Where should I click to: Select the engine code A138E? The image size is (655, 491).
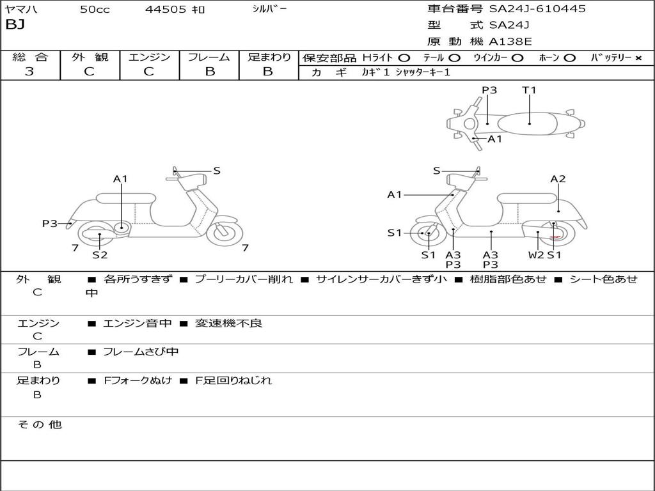[510, 42]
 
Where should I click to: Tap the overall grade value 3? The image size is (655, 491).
[29, 72]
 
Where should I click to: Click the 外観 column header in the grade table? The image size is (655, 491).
[90, 57]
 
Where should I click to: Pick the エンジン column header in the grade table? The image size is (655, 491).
[149, 57]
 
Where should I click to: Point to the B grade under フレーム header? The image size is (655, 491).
[209, 72]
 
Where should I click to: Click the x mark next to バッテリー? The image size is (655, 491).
[638, 58]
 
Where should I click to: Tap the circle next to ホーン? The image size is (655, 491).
[569, 58]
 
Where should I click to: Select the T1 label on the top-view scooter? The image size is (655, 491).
[529, 90]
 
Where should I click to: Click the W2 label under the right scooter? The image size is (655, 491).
[536, 255]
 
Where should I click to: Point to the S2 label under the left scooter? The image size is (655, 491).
[100, 255]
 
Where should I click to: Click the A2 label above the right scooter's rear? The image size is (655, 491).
[558, 179]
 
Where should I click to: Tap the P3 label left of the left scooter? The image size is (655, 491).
[50, 223]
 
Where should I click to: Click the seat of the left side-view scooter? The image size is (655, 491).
[125, 198]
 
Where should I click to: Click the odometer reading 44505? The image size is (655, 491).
[166, 10]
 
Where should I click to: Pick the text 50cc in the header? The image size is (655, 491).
[94, 10]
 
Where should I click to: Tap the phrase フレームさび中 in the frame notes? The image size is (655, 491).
[141, 352]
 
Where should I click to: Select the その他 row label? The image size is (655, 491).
[39, 425]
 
